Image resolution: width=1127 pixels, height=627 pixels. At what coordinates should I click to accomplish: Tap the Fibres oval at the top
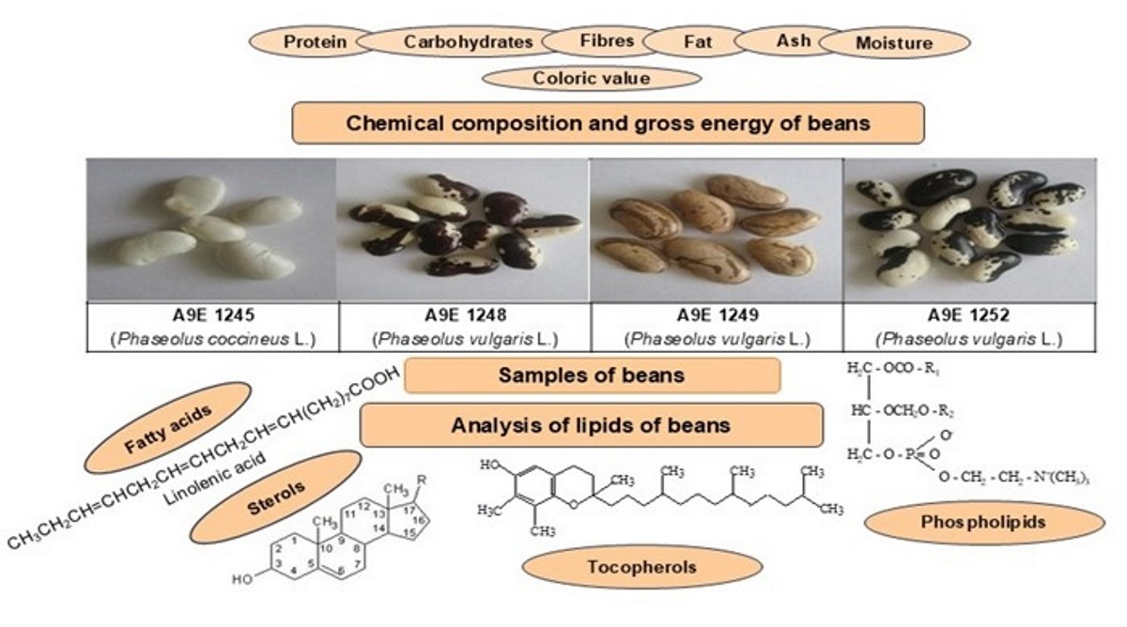(607, 41)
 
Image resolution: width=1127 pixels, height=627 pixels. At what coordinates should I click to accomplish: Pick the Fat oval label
(697, 42)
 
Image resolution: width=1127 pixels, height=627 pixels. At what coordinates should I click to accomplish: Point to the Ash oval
(793, 41)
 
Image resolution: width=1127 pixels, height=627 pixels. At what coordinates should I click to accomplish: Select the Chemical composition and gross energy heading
(608, 123)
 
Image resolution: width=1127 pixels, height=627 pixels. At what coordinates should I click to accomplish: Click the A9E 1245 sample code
(210, 317)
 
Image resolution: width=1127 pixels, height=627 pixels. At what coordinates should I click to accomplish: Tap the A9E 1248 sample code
(462, 317)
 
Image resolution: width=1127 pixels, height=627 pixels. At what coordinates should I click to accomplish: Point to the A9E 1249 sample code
(716, 317)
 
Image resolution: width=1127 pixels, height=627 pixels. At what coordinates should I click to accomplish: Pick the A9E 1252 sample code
(968, 317)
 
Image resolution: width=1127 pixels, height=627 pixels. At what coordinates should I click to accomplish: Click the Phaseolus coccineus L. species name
(210, 338)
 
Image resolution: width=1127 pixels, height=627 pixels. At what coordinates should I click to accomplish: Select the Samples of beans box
(592, 375)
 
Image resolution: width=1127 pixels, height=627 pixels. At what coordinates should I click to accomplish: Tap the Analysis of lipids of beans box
(591, 425)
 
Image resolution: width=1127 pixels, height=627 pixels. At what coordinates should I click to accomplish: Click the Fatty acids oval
(167, 428)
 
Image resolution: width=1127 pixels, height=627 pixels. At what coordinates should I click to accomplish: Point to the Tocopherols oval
(641, 567)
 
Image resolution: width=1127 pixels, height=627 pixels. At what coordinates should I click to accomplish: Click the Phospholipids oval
(983, 523)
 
